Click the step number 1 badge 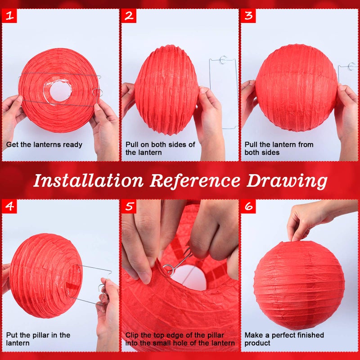pyautogui.click(x=9, y=16)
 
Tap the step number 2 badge pyautogui.click(x=129, y=16)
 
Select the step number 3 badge pyautogui.click(x=248, y=16)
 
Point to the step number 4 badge pyautogui.click(x=9, y=207)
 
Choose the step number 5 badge pyautogui.click(x=129, y=207)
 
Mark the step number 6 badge pyautogui.click(x=248, y=207)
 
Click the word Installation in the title pyautogui.click(x=88, y=180)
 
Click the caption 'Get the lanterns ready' pyautogui.click(x=44, y=144)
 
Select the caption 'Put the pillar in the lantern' pyautogui.click(x=38, y=339)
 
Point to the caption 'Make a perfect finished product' pyautogui.click(x=284, y=339)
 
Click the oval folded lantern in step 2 pyautogui.click(x=166, y=90)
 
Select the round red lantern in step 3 pyautogui.click(x=296, y=88)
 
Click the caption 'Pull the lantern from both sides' pyautogui.click(x=279, y=148)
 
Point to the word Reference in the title pyautogui.click(x=195, y=180)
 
